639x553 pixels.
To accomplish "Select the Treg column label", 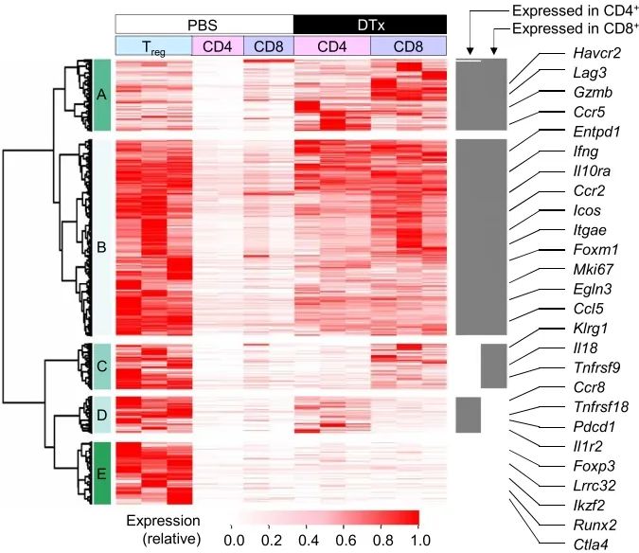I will point(152,46).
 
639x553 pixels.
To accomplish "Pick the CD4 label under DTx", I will point(331,46).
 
